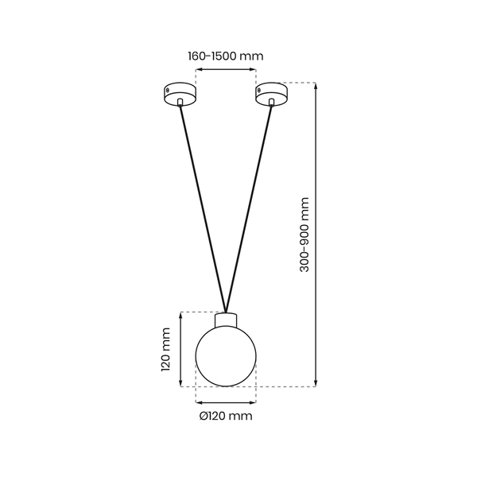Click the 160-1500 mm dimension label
(225, 56)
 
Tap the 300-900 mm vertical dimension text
(304, 235)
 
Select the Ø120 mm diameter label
(226, 416)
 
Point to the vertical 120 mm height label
(166, 350)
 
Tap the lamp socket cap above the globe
(227, 317)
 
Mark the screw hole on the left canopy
(169, 90)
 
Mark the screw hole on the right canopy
(259, 90)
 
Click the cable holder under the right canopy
(273, 102)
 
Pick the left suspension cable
(203, 207)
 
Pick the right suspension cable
(250, 207)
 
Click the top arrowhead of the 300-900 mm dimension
(317, 86)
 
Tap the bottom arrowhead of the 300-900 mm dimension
(317, 384)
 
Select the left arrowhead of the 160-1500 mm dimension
(199, 71)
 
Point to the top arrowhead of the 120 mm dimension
(182, 315)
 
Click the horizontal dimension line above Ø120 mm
(227, 401)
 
